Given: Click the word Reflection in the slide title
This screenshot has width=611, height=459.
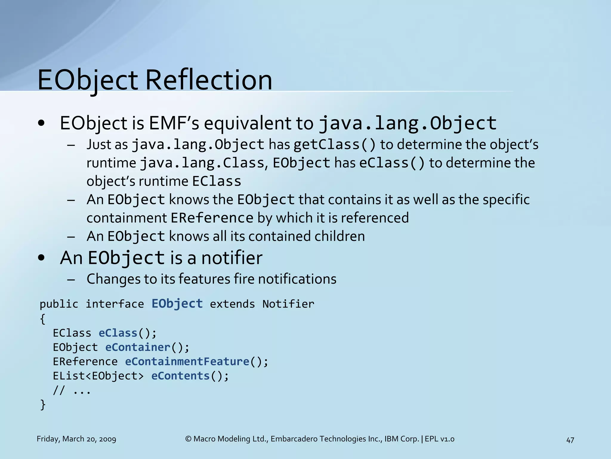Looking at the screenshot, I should click(209, 80).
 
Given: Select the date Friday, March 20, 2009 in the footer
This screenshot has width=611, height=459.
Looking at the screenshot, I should click(76, 439).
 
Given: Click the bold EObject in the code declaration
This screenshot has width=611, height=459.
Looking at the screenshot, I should click(177, 304).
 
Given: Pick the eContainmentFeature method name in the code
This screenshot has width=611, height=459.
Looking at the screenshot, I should click(187, 362).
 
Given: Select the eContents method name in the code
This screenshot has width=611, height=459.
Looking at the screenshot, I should click(180, 376).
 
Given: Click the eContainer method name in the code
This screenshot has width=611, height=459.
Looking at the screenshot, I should click(138, 347).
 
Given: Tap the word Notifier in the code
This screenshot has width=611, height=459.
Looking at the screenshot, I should click(288, 304).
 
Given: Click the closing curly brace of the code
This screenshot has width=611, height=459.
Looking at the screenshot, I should click(43, 405).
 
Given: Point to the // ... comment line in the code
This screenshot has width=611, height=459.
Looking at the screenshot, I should click(72, 391).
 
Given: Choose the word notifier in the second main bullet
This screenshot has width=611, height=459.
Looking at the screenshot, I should click(232, 258).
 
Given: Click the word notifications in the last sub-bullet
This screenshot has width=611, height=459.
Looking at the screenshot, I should click(297, 279).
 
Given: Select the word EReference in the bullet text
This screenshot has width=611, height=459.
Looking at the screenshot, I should click(212, 218).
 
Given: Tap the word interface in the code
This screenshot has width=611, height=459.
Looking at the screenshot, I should click(115, 304).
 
